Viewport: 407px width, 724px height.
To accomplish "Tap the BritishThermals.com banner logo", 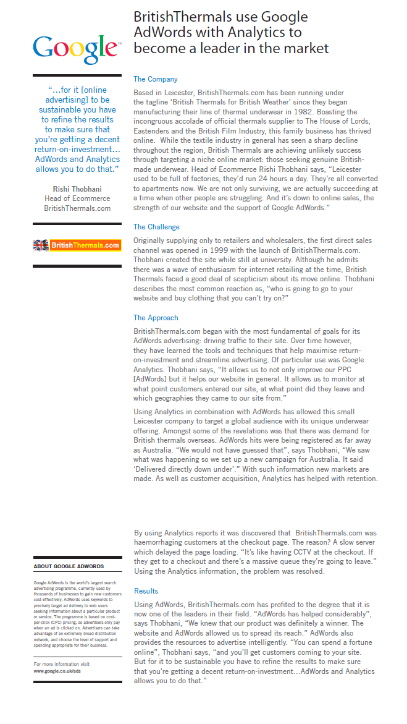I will pyautogui.click(x=77, y=245).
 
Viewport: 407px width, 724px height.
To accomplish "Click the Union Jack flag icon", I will pyautogui.click(x=41, y=245).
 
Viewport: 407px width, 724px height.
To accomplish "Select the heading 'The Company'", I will pyautogui.click(x=156, y=79).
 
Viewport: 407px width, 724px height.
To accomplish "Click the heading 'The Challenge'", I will pyautogui.click(x=157, y=227).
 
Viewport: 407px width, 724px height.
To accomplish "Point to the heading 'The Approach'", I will pyautogui.click(x=156, y=318).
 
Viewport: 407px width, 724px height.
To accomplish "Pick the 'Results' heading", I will pyautogui.click(x=146, y=591).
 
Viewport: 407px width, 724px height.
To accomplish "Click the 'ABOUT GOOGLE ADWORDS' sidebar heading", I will pyautogui.click(x=69, y=566).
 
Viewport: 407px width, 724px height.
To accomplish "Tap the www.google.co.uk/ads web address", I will pyautogui.click(x=57, y=670).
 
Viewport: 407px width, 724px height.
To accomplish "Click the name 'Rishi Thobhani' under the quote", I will pyautogui.click(x=77, y=189).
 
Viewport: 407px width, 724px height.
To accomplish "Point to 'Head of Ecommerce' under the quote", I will pyautogui.click(x=77, y=198).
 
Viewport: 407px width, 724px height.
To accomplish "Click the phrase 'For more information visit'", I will pyautogui.click(x=62, y=664).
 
